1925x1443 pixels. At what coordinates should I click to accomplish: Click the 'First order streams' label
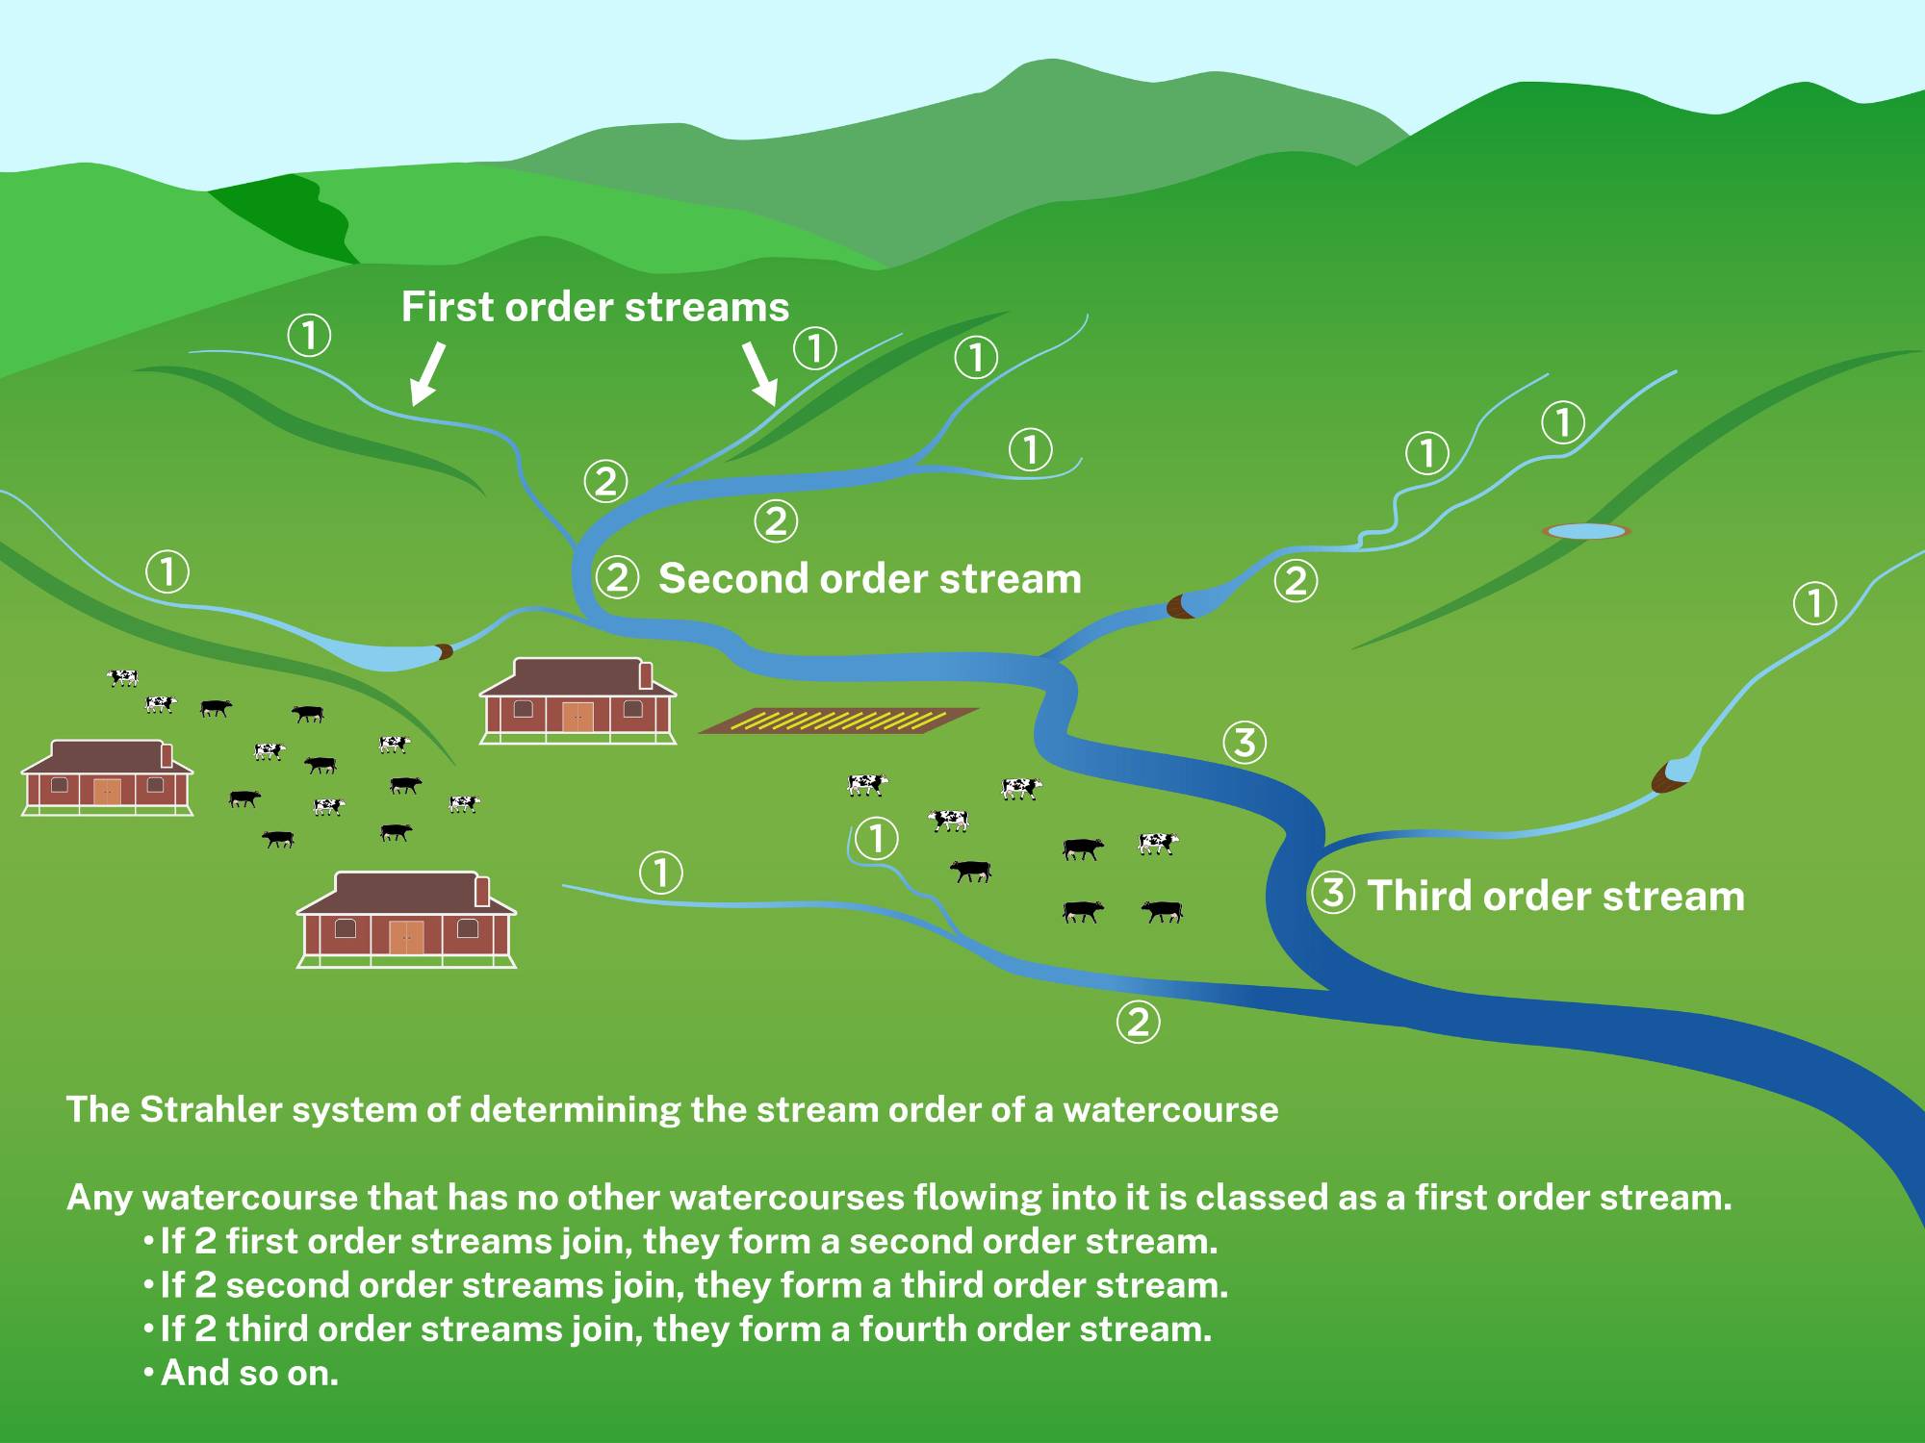tap(595, 308)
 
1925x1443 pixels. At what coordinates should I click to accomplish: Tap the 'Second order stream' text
tap(869, 579)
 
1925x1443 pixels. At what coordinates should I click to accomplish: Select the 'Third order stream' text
tap(1554, 896)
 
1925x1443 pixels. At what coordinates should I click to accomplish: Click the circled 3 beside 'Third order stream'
tap(1332, 893)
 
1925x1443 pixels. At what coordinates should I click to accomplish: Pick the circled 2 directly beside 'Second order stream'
tap(617, 578)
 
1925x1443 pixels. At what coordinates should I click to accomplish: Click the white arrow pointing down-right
tap(760, 373)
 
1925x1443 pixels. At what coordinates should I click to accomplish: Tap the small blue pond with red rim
tap(1586, 531)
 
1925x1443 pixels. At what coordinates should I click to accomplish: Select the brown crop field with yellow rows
tap(837, 721)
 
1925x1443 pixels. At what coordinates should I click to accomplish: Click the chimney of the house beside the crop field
tap(646, 675)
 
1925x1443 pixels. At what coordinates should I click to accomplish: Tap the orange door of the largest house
tap(406, 937)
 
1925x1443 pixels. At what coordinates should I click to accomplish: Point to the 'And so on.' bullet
tap(248, 1373)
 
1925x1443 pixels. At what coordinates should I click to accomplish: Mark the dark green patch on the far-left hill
tap(289, 216)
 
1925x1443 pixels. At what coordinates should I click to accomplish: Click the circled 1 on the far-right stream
tap(1814, 604)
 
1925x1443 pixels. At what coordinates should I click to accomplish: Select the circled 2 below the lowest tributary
tap(1138, 1022)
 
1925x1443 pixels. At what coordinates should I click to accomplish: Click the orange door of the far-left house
tap(106, 792)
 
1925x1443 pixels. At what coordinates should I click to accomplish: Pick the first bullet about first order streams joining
tap(688, 1242)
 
